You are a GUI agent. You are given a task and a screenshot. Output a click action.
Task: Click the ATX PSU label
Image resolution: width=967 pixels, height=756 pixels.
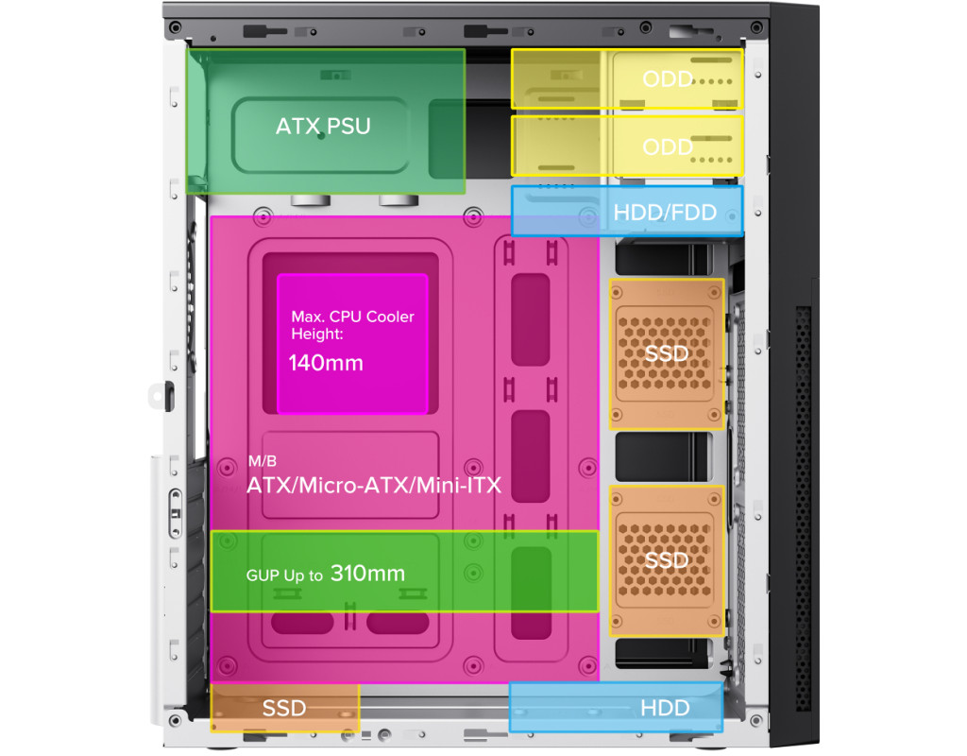coord(323,126)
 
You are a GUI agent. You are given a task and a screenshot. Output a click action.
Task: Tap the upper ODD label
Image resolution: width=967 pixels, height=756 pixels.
coord(668,78)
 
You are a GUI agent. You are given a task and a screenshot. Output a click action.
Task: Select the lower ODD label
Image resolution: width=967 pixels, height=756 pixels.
coord(668,146)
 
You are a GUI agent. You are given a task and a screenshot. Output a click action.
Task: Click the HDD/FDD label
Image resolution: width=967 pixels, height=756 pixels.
coord(665,213)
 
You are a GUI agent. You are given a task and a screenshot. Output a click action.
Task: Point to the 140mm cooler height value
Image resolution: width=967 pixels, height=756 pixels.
coord(326,362)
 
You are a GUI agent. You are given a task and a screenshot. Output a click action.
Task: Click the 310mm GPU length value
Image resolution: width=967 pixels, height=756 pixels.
coord(367,573)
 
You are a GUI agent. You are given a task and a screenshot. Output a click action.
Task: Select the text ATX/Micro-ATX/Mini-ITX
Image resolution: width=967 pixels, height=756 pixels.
coord(374,486)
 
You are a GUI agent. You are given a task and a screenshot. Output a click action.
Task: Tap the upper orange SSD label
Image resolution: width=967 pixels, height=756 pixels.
coord(667,354)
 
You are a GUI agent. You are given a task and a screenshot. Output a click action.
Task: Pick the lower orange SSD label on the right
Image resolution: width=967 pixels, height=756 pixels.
coord(667,560)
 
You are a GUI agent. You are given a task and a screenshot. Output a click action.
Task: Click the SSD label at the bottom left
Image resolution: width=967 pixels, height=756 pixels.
coord(284,708)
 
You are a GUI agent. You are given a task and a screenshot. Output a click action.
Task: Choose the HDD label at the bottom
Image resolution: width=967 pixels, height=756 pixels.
coord(665,708)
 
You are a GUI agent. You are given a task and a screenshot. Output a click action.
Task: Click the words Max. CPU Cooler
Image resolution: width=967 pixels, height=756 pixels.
coord(352,317)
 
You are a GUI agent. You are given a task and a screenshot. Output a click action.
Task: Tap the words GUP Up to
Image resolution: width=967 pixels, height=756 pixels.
coord(284,575)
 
